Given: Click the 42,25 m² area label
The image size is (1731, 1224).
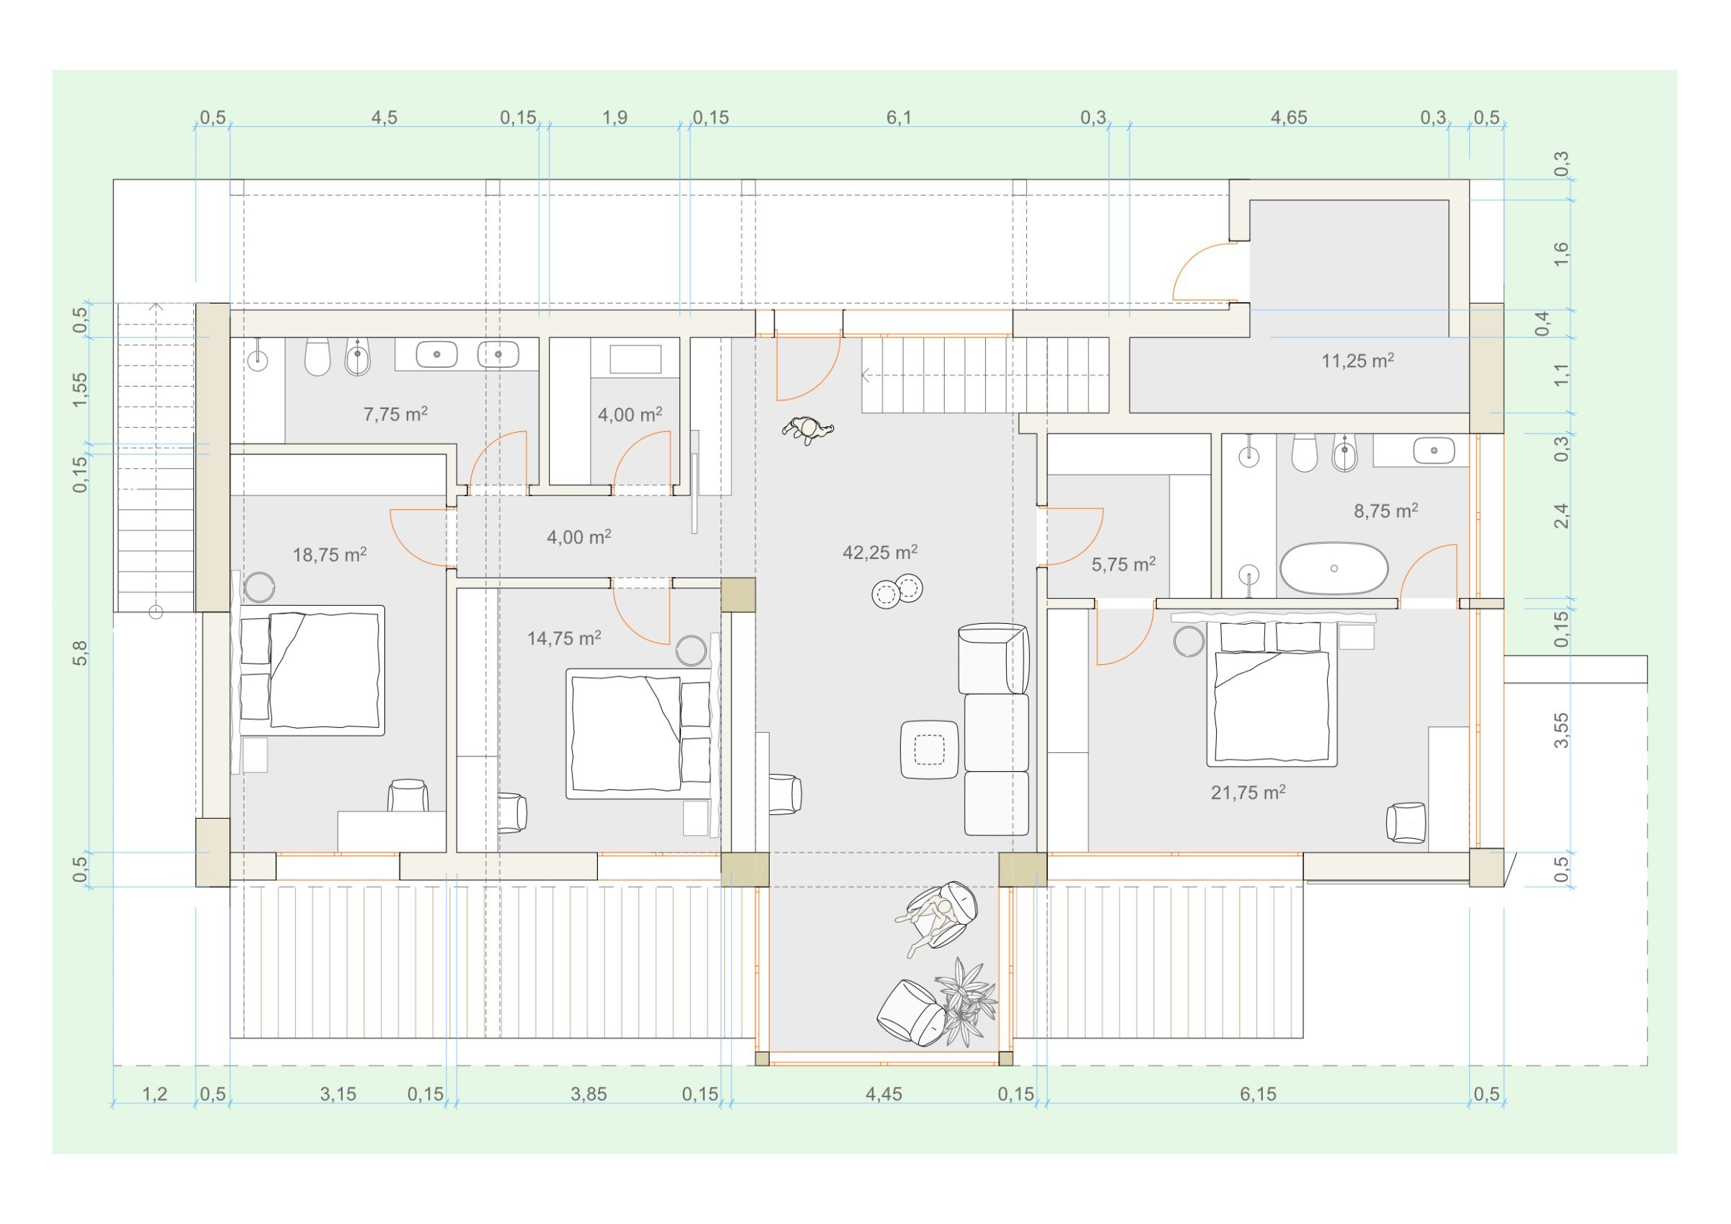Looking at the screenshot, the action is (880, 552).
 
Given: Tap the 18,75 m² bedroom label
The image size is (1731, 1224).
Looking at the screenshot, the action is (330, 555).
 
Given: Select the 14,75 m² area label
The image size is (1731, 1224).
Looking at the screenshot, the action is (564, 638).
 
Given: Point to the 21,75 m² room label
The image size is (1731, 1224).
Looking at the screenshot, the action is (1248, 792).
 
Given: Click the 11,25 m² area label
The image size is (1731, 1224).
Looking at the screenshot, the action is (1357, 361).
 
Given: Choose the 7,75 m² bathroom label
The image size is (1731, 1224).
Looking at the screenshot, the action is (396, 413).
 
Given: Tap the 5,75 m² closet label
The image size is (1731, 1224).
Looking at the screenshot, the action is (1123, 564).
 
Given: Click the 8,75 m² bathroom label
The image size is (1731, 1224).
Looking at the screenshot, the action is (1386, 511).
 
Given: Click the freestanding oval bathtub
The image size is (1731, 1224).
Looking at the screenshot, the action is (1334, 568).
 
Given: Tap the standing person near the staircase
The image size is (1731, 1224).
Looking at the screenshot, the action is (808, 431).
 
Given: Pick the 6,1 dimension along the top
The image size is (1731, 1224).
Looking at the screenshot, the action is (899, 117).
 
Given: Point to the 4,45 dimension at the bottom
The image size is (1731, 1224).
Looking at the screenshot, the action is (884, 1093).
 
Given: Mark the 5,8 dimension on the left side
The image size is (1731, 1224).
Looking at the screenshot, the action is (80, 652).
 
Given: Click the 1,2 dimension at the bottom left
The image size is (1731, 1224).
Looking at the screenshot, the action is (154, 1093).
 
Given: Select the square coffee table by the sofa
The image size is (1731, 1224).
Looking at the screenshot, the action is (930, 749).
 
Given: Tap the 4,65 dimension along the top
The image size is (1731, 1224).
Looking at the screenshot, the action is (1288, 117).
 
